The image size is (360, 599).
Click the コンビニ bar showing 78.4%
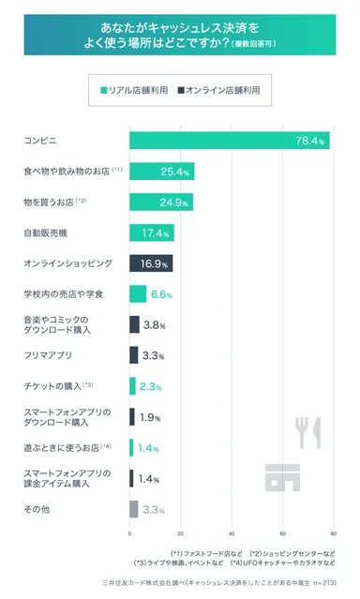229,141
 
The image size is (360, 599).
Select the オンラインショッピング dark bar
151,263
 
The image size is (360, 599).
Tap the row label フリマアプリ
47,355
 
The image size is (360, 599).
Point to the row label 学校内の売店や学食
62,294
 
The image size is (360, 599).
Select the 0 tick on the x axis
129,533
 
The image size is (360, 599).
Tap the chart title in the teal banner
180,36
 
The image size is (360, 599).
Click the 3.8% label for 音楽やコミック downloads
155,325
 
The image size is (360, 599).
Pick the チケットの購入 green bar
132,386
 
